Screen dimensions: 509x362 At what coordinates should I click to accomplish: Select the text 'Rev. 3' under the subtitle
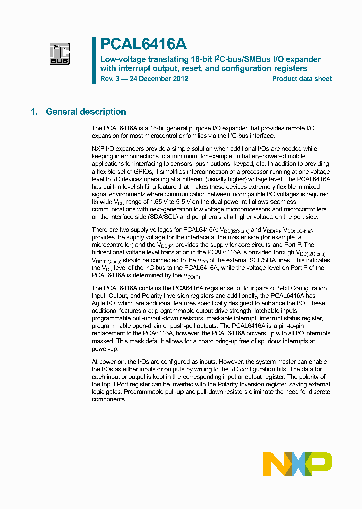click(x=110, y=79)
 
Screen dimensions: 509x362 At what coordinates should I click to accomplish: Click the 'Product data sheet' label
click(x=302, y=79)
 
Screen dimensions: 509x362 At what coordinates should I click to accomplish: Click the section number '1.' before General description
click(x=34, y=112)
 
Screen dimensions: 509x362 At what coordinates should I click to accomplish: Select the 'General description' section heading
click(x=85, y=112)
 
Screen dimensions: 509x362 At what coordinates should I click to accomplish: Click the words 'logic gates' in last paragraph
click(x=107, y=391)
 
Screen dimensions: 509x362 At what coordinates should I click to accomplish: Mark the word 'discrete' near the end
click(x=316, y=391)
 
